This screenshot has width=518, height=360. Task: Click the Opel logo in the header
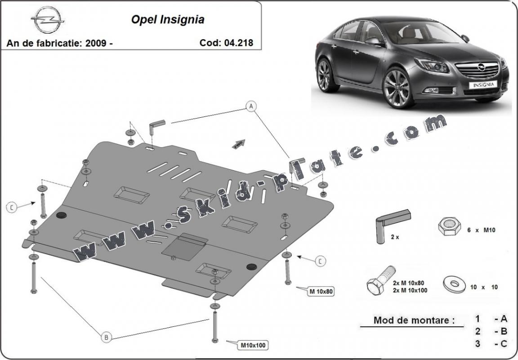coord(48,20)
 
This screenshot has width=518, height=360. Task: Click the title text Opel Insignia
coord(167,19)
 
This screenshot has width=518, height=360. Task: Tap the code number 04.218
coord(240,43)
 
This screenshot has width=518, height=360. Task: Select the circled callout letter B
coord(106,336)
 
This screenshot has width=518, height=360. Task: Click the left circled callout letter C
coord(12,207)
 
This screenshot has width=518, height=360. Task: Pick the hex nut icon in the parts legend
coord(449,227)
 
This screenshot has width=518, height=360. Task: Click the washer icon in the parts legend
coord(455,284)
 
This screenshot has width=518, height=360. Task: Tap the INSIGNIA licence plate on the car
coord(483,84)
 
